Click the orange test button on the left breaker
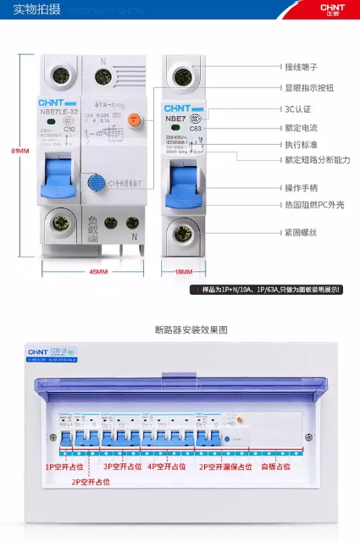coord(133,121)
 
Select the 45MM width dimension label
coord(98,272)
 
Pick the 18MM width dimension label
coord(183,272)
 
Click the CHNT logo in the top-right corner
coord(333,9)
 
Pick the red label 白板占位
coord(275,466)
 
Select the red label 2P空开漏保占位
coord(225,466)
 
